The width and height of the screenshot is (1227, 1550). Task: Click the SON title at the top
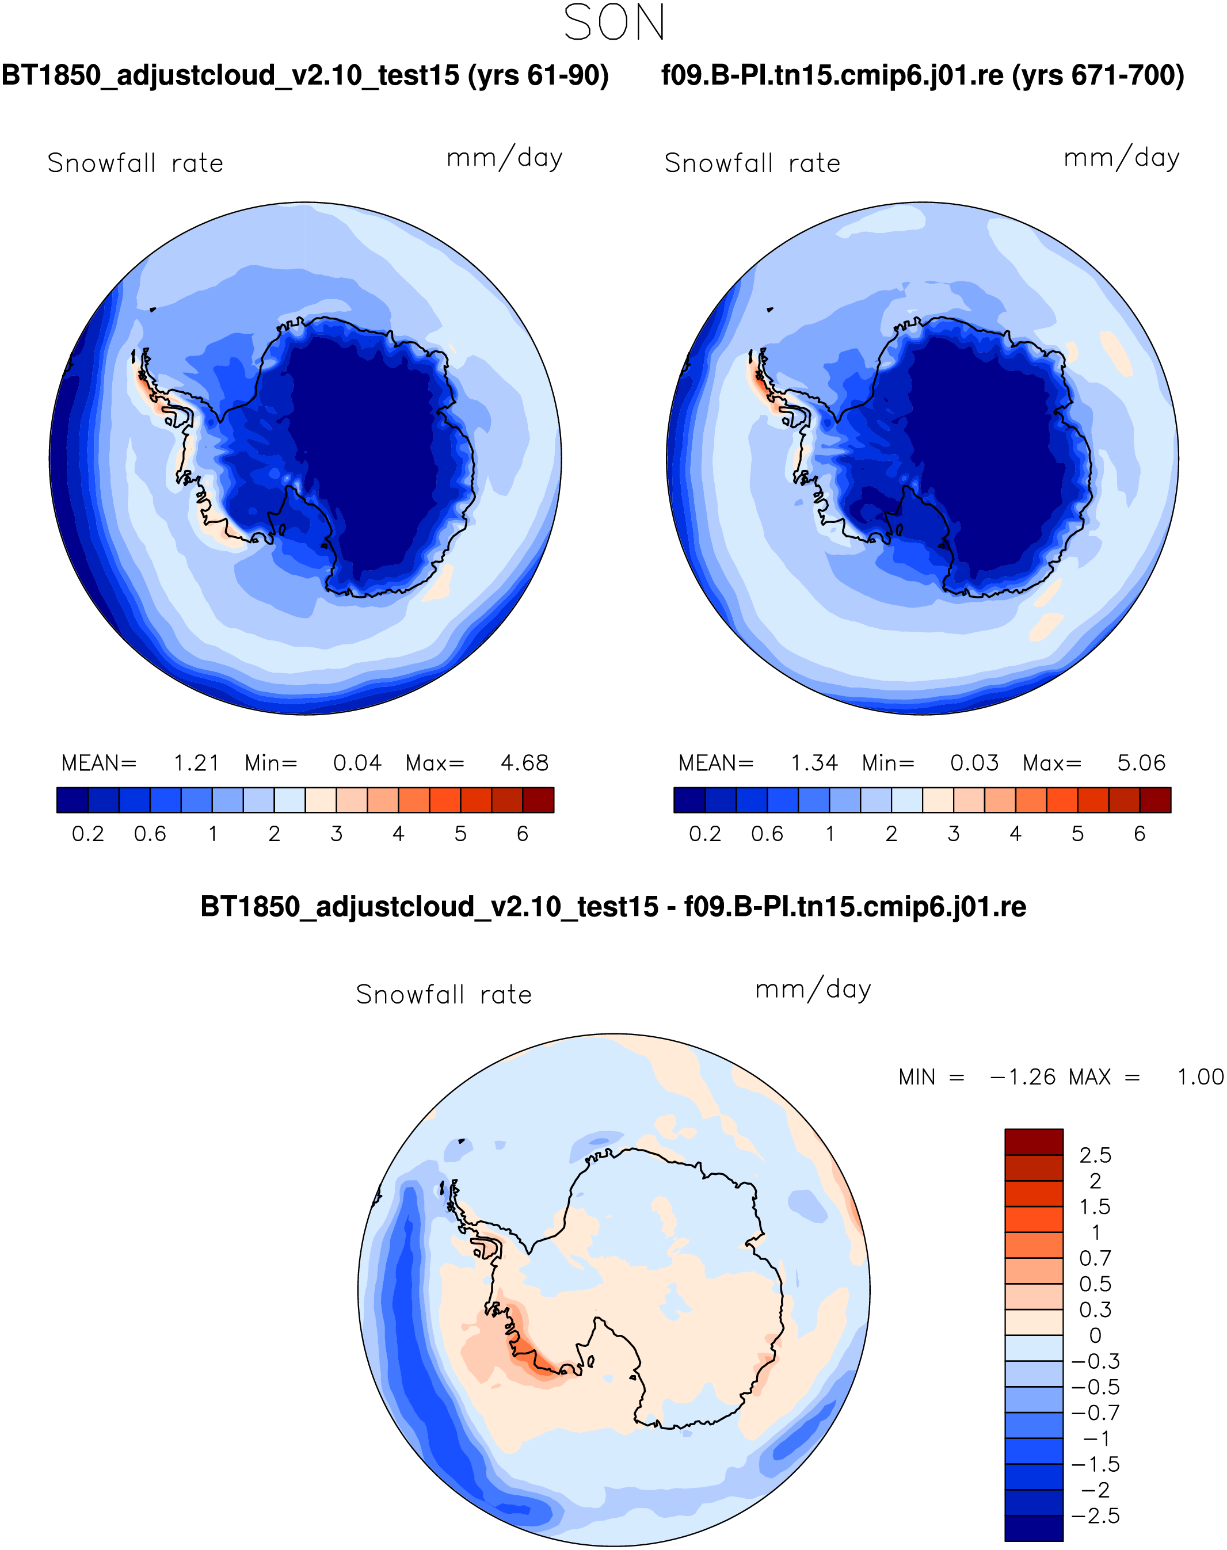click(x=614, y=23)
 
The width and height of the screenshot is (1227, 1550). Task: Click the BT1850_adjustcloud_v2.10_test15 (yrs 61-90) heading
click(x=306, y=75)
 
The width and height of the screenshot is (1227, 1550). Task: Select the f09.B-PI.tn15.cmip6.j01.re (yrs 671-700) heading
click(x=923, y=75)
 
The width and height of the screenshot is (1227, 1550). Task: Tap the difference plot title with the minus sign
click(x=613, y=906)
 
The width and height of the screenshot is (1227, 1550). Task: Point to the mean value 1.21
click(x=196, y=763)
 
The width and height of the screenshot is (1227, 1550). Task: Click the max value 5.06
click(x=1141, y=763)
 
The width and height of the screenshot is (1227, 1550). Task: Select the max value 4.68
click(x=524, y=763)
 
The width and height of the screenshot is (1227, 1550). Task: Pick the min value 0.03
click(x=974, y=763)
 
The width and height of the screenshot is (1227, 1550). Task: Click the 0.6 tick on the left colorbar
click(x=150, y=834)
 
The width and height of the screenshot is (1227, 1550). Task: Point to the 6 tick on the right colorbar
click(x=1140, y=834)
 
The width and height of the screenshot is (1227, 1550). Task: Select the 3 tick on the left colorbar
click(x=336, y=834)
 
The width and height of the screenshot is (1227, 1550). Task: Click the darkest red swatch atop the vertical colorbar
click(x=1033, y=1142)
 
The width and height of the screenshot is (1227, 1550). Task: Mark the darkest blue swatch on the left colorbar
click(x=73, y=799)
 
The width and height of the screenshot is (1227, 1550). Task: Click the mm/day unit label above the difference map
click(x=813, y=990)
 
